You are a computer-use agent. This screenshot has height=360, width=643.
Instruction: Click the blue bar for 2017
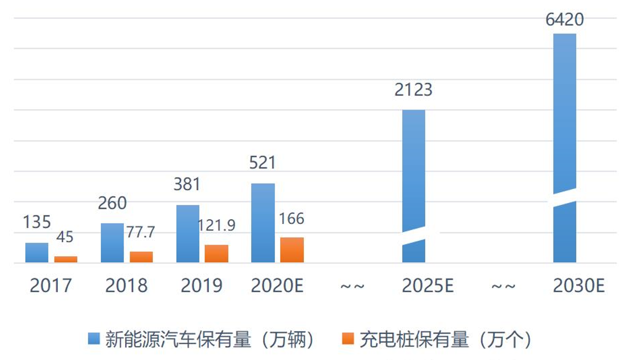coord(37,253)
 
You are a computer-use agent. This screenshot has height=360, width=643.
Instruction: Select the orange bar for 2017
coord(66,260)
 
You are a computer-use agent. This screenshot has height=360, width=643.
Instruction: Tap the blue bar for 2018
coord(112,243)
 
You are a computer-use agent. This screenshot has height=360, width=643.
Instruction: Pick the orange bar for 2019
coord(216,254)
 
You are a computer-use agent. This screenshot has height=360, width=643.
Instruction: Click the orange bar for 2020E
coord(292,250)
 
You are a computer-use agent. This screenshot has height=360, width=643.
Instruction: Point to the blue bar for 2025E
coord(414,173)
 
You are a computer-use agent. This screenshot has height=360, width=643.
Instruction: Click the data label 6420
coord(564,21)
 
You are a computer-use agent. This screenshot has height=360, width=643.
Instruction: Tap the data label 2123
coord(413,90)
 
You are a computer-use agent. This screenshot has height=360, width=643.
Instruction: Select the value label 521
coord(263,162)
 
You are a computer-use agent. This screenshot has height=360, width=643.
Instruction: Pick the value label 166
coord(292,219)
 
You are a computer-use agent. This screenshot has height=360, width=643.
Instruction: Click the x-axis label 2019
coord(202,286)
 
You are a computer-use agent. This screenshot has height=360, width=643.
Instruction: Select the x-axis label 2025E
coord(427,286)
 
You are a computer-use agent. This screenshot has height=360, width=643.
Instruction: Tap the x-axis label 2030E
coord(579,286)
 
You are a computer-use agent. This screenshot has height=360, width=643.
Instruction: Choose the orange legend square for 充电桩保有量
coord(348,338)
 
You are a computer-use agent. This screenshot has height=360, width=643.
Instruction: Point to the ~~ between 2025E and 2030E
coord(503,286)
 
